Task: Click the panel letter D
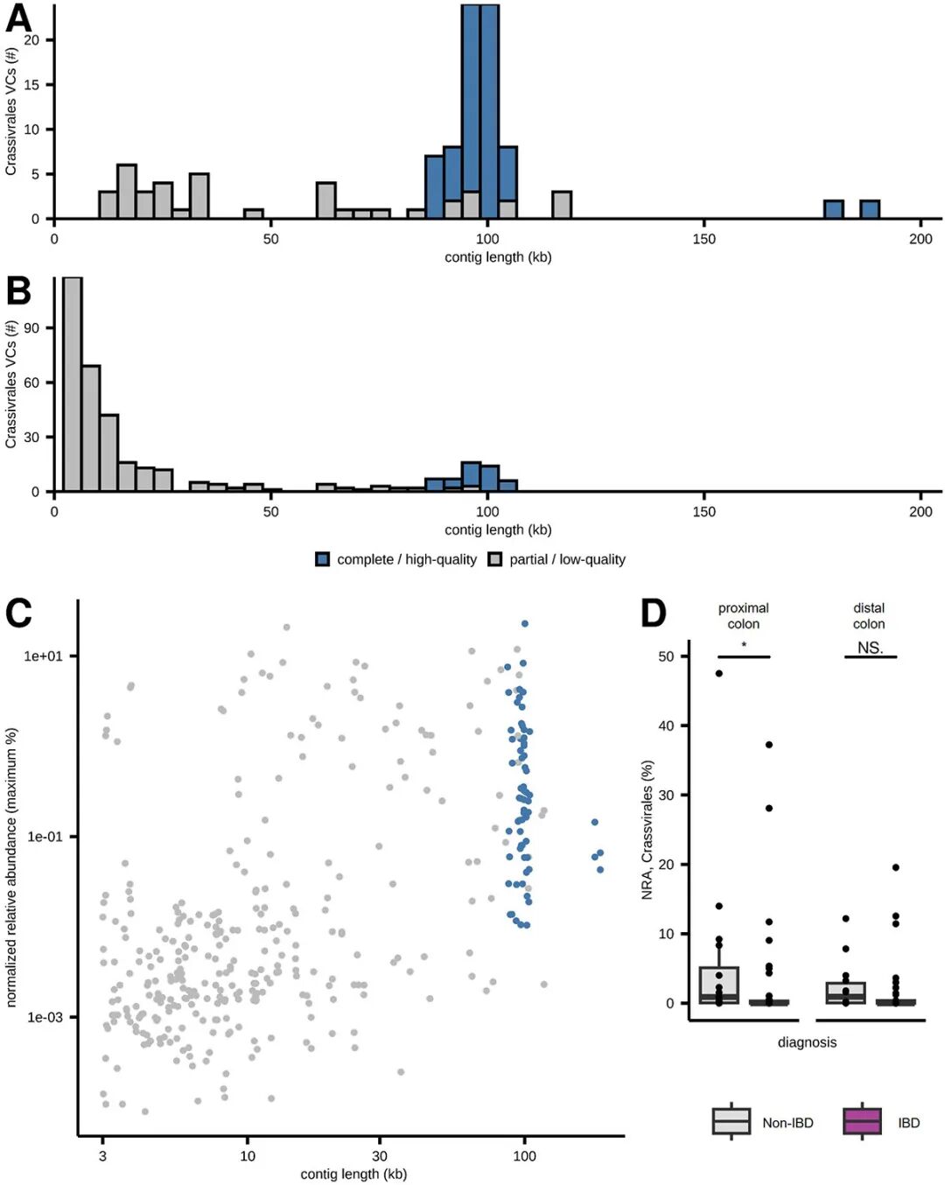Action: [654, 613]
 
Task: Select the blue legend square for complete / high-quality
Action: [323, 559]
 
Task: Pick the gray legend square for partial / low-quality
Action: [495, 559]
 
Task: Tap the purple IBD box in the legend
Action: [862, 1121]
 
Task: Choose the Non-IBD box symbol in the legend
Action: [731, 1121]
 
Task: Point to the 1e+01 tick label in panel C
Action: [43, 656]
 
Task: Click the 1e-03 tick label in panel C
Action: [43, 1018]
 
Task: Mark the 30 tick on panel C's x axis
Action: [380, 1156]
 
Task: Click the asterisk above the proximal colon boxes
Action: [744, 646]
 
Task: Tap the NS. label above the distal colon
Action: [870, 648]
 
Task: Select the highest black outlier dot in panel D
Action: [719, 673]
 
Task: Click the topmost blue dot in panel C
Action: [525, 624]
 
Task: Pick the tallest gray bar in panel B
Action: [73, 385]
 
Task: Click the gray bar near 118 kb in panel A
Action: [562, 205]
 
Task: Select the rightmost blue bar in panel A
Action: [869, 209]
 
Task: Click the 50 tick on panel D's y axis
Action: [666, 656]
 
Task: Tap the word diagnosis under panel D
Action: [807, 1042]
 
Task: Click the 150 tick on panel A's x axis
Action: [703, 239]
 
